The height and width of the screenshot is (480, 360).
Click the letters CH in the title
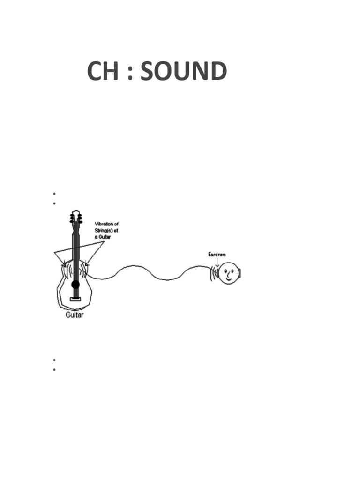(x=103, y=72)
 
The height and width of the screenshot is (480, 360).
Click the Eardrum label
(x=217, y=254)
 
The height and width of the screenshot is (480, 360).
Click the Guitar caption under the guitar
(x=74, y=315)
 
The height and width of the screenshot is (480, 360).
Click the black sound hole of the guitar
(x=75, y=284)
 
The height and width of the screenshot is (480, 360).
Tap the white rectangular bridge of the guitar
(x=75, y=299)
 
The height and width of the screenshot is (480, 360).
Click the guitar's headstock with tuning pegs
(x=75, y=218)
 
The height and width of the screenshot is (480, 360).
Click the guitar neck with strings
(x=75, y=248)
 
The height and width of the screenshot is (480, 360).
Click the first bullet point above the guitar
(x=54, y=194)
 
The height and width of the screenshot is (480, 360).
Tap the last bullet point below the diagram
(x=54, y=369)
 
